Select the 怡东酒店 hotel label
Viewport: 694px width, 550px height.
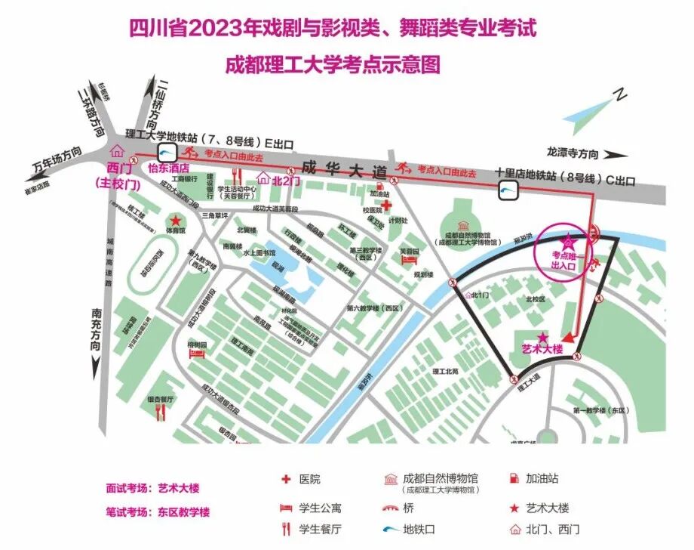coord(167,168)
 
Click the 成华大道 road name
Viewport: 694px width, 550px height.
coord(342,168)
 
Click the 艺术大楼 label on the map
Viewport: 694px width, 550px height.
coord(543,349)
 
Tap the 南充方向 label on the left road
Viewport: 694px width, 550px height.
coord(96,329)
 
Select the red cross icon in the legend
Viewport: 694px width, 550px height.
coord(286,479)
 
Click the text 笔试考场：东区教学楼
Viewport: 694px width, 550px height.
coord(158,511)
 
